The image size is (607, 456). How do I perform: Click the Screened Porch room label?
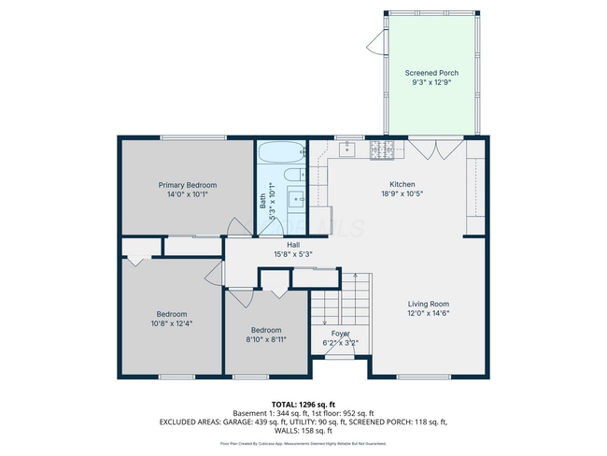[x=431, y=72]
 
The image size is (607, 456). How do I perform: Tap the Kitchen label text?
[x=402, y=184]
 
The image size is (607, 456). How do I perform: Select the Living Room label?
[x=429, y=304]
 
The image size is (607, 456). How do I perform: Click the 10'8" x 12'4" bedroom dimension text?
[x=172, y=323]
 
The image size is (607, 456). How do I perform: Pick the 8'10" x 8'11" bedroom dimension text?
[x=266, y=339]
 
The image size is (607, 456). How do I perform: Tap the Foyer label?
[x=341, y=333]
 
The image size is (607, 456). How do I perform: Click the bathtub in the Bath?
[x=281, y=153]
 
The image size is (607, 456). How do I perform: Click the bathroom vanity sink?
[x=297, y=198]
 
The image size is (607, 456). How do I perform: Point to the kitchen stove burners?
[x=381, y=149]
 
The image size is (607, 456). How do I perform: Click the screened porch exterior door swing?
[x=376, y=42]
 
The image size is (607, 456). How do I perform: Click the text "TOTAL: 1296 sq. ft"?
[x=303, y=405]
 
